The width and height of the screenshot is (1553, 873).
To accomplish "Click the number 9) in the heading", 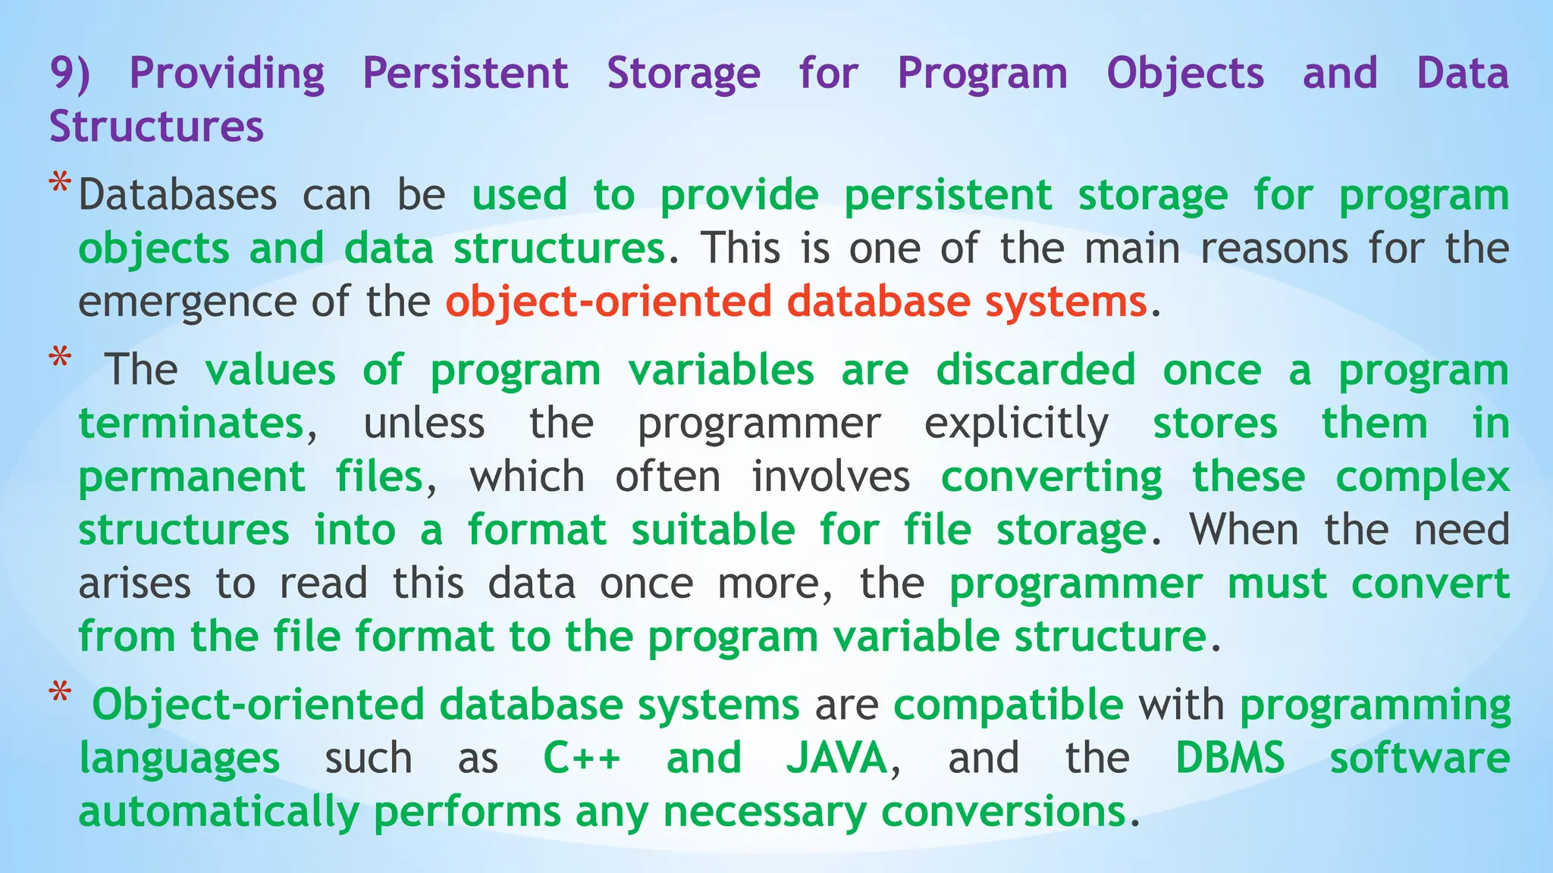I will coord(70,74).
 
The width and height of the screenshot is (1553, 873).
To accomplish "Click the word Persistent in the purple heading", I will coord(465,74).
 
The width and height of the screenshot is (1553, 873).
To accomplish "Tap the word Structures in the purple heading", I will coord(156,127).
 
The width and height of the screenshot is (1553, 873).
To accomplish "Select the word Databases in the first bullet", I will coord(177,196).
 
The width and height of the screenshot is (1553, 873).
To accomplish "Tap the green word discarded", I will coord(1035,371).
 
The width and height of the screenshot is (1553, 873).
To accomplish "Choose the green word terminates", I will coord(191,424).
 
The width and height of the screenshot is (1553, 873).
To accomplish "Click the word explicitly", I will coord(1016,424).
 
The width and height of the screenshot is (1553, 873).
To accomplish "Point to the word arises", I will coord(134,584).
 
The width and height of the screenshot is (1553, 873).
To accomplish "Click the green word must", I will coord(1277,584).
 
